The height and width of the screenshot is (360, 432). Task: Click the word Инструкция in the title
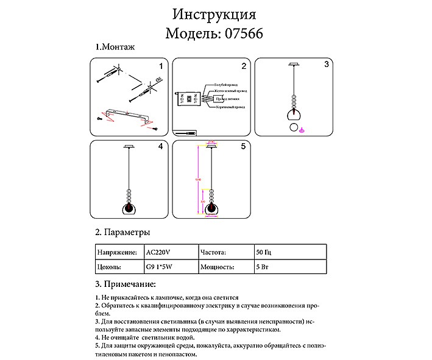pos(214,14)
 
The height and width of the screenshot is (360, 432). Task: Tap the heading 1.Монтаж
pos(114,47)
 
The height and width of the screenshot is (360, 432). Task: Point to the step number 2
pos(243,66)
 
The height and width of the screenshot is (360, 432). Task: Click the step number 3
pos(326,65)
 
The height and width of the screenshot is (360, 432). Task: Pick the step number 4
pos(160,147)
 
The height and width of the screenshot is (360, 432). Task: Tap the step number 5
pos(243,147)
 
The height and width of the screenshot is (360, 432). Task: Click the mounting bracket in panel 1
pos(128,114)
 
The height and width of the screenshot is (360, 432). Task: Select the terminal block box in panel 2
pos(189,98)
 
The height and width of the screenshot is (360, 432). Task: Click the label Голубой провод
pos(225,85)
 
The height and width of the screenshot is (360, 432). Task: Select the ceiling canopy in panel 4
pos(129,146)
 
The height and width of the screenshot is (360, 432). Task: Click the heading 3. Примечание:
pos(126,284)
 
